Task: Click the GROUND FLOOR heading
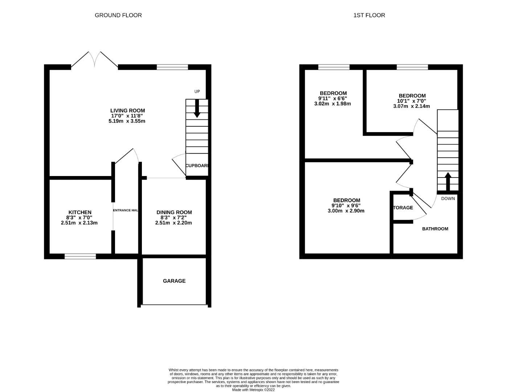point(118,15)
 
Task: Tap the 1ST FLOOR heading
point(369,15)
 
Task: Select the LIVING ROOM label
point(127,111)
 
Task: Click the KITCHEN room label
point(80,212)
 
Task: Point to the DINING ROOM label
point(174,212)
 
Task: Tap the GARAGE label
point(174,281)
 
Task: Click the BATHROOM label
point(435,229)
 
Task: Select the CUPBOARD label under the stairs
point(197,166)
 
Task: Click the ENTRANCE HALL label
point(126,211)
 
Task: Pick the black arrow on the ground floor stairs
point(197,108)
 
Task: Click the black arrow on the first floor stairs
point(447,181)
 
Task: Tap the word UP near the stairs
point(197,91)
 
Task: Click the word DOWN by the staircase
point(448,199)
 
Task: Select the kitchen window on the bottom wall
point(80,257)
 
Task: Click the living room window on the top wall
point(172,67)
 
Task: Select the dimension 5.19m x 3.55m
point(127,121)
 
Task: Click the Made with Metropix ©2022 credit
point(253,390)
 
